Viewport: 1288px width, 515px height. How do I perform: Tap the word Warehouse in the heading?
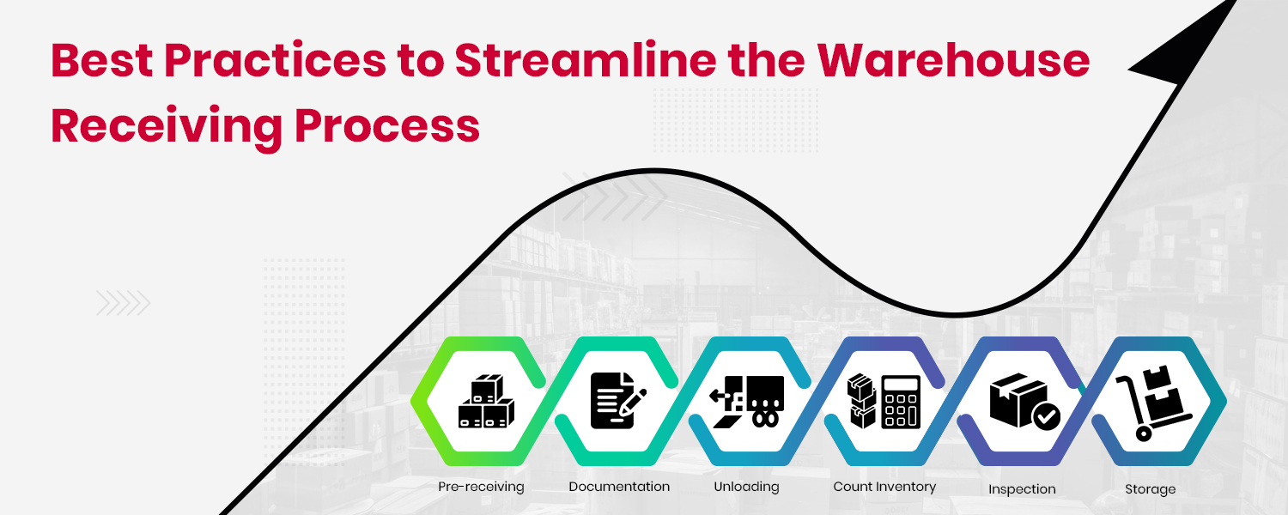pos(952,60)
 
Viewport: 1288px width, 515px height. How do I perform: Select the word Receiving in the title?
pos(165,126)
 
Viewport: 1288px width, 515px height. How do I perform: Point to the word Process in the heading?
pos(386,126)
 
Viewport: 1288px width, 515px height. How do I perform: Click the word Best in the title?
pos(100,60)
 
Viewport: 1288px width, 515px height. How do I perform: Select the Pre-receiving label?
pos(481,487)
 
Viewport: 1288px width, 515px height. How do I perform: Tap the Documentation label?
pos(619,487)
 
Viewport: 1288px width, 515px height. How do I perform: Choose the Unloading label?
pos(746,487)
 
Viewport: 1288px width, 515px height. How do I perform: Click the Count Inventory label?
pos(884,487)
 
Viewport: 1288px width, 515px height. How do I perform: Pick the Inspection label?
pos(1022,489)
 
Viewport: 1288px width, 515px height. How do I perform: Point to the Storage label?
pos(1150,489)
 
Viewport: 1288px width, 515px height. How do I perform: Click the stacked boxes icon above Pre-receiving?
pos(485,401)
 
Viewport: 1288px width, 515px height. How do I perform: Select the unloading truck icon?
pos(748,401)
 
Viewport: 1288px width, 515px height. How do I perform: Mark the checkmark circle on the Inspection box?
pos(1046,418)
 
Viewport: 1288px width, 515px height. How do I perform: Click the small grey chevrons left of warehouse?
pos(123,302)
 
